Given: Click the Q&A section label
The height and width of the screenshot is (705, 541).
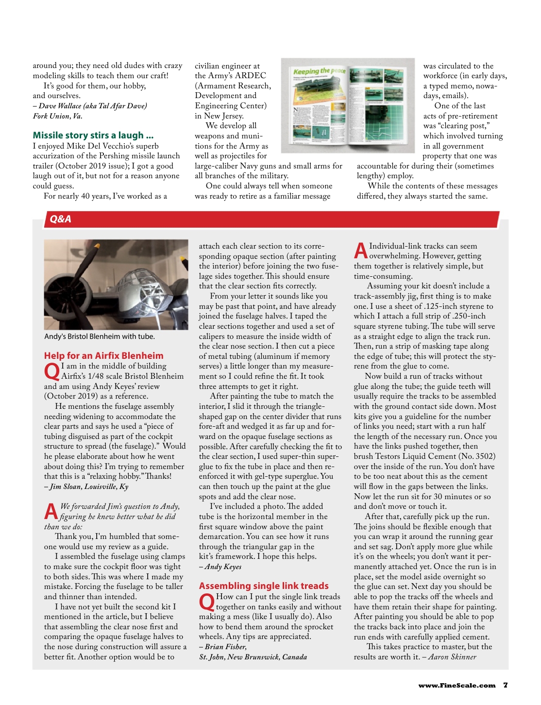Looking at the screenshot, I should [x=60, y=219].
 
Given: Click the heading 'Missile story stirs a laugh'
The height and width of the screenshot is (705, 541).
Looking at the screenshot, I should [x=93, y=135].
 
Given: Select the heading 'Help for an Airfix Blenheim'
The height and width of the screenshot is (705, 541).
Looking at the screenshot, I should [x=103, y=355].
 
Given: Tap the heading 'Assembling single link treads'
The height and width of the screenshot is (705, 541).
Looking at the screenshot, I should [x=264, y=586].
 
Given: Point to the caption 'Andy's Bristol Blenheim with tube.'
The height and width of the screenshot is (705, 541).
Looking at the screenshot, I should [x=100, y=336].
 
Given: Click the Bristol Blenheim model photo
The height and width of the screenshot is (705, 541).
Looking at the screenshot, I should [x=116, y=285].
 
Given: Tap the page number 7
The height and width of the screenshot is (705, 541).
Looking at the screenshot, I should [x=506, y=685].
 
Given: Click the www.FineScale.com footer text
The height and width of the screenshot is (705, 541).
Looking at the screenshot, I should [x=456, y=686].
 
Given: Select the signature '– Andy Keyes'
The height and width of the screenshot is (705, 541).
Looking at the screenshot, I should [x=220, y=567].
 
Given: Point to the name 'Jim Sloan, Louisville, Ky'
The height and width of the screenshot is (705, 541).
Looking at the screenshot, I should [x=89, y=487].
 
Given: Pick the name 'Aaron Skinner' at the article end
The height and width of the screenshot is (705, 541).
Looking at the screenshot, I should [x=452, y=657].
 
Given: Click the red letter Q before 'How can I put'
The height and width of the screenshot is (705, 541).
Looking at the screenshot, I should [x=206, y=603].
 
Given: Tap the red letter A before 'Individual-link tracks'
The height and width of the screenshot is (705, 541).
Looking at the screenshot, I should [x=360, y=251].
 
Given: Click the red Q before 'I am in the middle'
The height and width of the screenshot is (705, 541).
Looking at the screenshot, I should [x=51, y=372].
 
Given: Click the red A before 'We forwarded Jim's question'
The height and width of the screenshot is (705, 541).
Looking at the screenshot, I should [x=51, y=512].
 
